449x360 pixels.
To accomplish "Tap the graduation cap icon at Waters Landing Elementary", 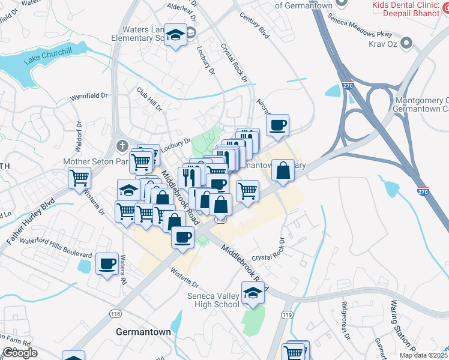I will click(176, 36).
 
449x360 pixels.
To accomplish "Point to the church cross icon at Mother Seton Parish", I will click(122, 146).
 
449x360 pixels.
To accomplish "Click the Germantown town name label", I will click(143, 332).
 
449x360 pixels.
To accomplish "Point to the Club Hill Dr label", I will click(149, 99).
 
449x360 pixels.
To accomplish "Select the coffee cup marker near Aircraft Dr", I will click(277, 125).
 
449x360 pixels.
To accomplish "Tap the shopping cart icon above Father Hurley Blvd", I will click(79, 178).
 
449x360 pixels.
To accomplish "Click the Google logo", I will click(20, 353).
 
